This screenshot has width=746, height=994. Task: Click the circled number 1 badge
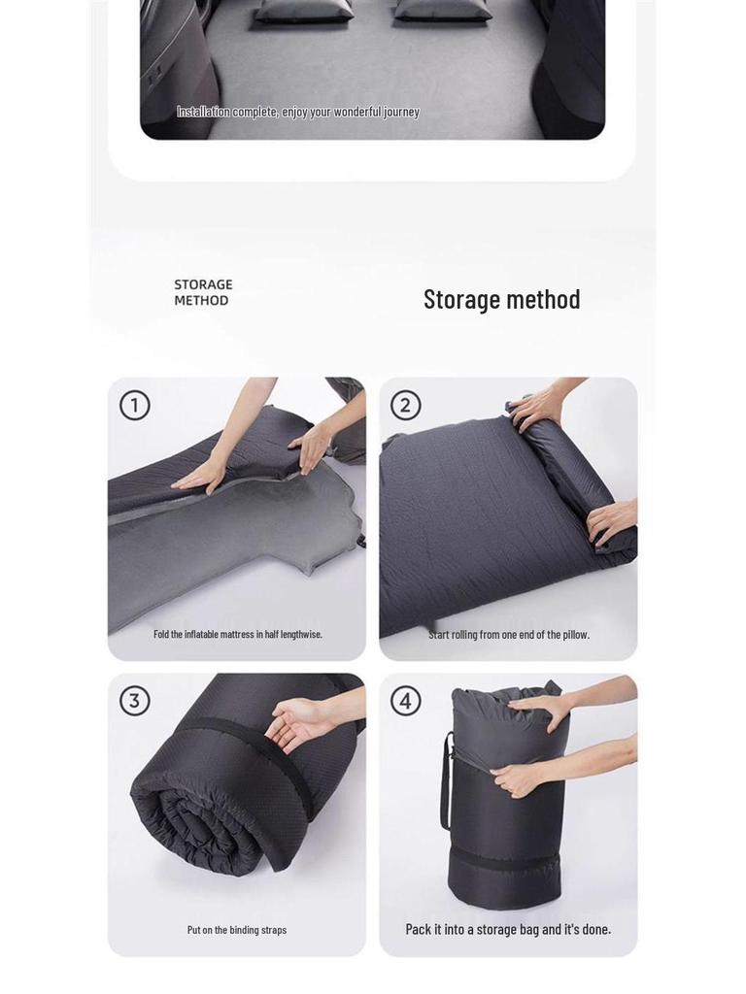point(135,405)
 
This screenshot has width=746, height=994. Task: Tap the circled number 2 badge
point(405,405)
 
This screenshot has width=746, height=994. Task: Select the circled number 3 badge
point(135,700)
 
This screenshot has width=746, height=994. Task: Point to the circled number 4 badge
point(405,700)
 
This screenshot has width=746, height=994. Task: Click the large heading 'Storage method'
point(501,299)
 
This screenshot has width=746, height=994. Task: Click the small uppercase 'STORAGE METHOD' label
point(203,292)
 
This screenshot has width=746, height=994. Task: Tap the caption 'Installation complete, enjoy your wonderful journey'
point(297,112)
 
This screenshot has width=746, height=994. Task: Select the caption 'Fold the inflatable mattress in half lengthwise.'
point(238,634)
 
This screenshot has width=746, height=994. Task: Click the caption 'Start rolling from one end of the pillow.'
point(509,634)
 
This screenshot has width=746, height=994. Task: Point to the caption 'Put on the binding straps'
point(237,929)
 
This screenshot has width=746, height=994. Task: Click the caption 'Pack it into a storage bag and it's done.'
point(508,929)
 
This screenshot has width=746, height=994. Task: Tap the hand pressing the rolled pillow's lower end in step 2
point(612,518)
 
